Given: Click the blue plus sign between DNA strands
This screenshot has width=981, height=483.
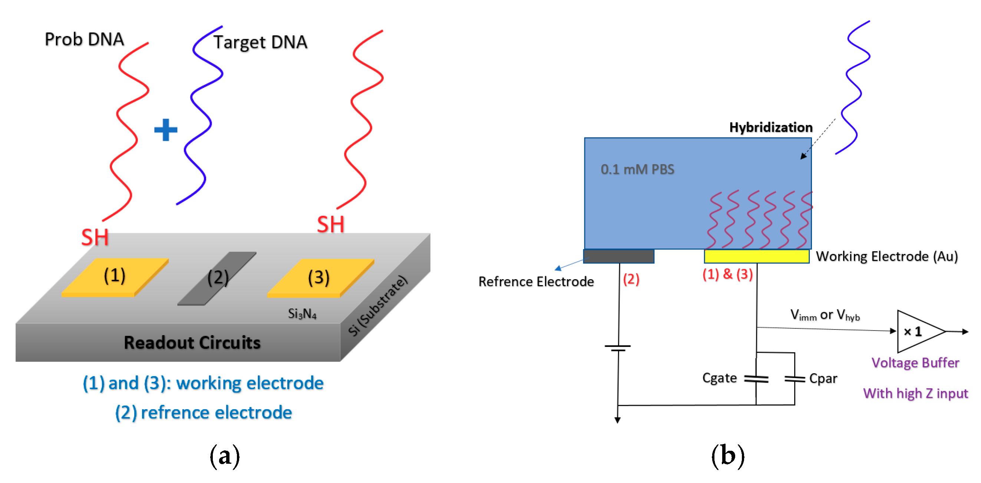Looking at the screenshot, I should coord(166,130).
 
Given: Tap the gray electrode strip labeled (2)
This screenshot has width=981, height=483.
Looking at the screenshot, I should coord(217,278).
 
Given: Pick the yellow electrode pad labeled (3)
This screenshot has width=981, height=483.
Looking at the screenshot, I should coord(320,278).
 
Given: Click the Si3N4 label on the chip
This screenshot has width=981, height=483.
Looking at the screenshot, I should coord(302,314).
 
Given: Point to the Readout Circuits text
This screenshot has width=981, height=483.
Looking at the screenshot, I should coord(192,343).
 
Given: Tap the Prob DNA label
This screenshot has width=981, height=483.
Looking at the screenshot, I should coord(84,39).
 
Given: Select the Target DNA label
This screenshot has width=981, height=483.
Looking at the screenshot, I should coord(260,42).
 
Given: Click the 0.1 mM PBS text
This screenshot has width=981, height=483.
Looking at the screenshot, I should coord(637,169).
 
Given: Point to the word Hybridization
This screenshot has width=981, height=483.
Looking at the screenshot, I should coord(770,127).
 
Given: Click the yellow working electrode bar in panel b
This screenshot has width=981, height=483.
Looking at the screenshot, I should coord(756,256).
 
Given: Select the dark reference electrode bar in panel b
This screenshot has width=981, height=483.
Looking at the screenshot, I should coord(618,256).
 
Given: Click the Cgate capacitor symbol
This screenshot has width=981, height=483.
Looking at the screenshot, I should coord(756,379).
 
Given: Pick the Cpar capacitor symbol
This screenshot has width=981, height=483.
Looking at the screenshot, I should coord(795,379).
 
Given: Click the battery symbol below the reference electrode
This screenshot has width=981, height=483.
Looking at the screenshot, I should coord(618,348).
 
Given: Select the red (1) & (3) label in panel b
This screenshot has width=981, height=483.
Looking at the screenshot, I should coord(727,274).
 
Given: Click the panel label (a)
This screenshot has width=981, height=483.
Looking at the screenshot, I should coord(225,456).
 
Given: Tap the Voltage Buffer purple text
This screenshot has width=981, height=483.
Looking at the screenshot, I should coord(915,363).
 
